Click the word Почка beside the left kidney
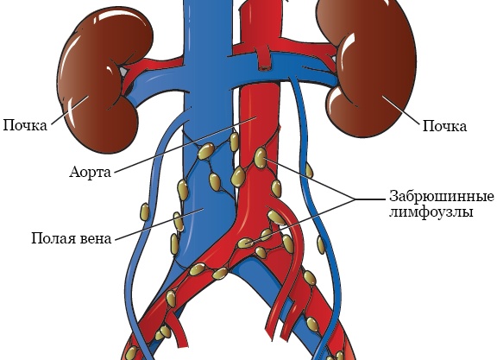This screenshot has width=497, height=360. click(x=25, y=125)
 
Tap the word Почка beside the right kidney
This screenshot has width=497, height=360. click(x=444, y=126)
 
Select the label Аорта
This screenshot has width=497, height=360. click(x=91, y=173)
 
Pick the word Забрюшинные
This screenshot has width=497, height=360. click(x=442, y=197)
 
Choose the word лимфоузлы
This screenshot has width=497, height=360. click(x=431, y=212)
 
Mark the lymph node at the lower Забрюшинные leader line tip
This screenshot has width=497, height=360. click(x=245, y=243)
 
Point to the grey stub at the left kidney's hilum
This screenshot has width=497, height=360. click(x=123, y=72)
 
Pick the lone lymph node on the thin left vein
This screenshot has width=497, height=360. click(x=145, y=212)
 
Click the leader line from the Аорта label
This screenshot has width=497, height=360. click(x=186, y=145)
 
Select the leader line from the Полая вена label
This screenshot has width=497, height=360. click(x=159, y=224)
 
